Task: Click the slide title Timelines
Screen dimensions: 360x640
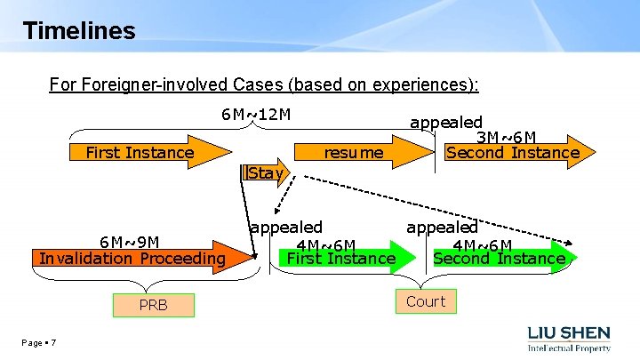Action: click(x=79, y=31)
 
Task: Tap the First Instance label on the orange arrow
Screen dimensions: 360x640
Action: click(x=140, y=153)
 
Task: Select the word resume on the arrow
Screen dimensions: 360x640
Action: click(x=354, y=153)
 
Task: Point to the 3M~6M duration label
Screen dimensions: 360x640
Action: click(x=506, y=137)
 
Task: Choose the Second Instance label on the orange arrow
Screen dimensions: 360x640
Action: click(x=513, y=153)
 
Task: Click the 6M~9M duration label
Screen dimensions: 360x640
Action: click(x=130, y=242)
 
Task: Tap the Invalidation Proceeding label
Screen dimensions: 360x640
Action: click(x=132, y=258)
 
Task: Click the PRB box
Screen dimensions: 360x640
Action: click(x=153, y=306)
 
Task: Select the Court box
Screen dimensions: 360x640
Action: click(x=425, y=301)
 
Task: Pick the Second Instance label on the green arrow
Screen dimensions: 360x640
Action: click(x=499, y=259)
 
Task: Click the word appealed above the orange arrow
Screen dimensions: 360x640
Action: click(x=445, y=122)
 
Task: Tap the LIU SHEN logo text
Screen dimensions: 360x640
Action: click(x=570, y=332)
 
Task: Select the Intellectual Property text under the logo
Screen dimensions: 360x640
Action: click(x=570, y=348)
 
